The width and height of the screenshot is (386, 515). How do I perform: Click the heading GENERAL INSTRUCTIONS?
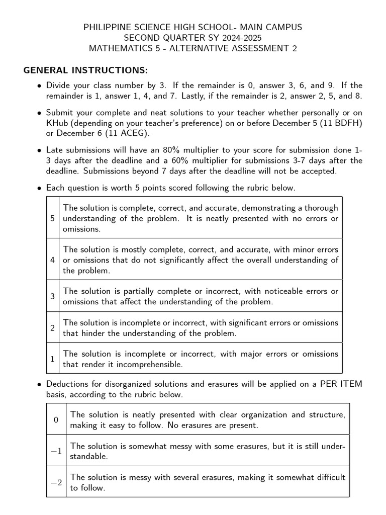click(x=86, y=70)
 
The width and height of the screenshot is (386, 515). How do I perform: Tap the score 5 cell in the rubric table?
click(x=53, y=218)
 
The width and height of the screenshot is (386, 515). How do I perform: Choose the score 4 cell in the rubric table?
click(x=53, y=260)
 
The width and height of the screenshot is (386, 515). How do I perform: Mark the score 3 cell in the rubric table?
click(x=53, y=296)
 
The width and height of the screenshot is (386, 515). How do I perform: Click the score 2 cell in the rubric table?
click(x=53, y=328)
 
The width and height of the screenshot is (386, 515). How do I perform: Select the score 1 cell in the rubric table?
click(x=53, y=359)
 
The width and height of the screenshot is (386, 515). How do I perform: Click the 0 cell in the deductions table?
click(x=56, y=419)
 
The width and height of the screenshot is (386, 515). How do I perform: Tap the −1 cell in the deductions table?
click(x=56, y=451)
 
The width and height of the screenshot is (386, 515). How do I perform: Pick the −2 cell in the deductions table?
click(x=56, y=482)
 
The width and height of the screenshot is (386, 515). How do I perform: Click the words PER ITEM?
click(x=340, y=384)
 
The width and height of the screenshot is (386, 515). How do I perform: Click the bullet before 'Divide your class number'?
click(x=39, y=86)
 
